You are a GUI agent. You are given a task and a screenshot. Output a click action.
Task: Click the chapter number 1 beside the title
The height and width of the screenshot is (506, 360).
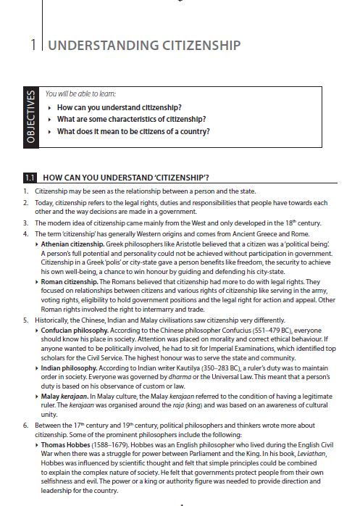click(33, 46)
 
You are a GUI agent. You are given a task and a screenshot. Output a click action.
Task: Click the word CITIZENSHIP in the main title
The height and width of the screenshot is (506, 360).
click(194, 46)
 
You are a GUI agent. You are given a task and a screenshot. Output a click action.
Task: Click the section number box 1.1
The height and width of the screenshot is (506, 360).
click(30, 176)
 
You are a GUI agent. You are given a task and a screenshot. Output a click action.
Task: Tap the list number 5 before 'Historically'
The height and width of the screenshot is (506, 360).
click(25, 320)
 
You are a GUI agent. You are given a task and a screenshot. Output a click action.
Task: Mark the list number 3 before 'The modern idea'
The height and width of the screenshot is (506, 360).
click(25, 223)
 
